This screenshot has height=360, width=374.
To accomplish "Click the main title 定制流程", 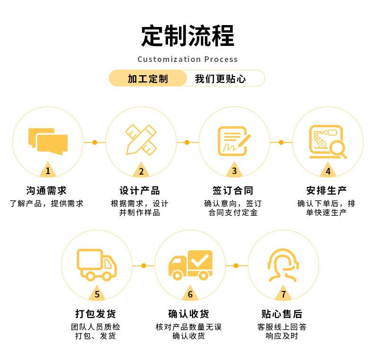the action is click(x=187, y=36).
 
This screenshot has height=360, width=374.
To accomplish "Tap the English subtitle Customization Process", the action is click(x=187, y=59).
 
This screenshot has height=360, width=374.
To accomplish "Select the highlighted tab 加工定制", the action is click(x=148, y=79).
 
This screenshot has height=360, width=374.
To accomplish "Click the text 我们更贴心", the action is click(x=220, y=79).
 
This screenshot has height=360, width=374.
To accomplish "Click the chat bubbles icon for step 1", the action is click(x=48, y=141).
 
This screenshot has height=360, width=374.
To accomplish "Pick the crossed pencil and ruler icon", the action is click(x=141, y=140).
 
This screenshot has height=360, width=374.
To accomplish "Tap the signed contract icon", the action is click(x=234, y=141).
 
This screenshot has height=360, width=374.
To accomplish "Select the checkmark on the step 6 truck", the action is click(x=200, y=260).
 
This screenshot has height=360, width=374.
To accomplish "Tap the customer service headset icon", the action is click(x=283, y=265).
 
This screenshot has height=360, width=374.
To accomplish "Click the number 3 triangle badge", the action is click(x=234, y=170).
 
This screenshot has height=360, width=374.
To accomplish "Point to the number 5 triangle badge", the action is click(x=97, y=293).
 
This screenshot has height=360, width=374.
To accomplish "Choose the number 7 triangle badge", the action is click(x=283, y=293).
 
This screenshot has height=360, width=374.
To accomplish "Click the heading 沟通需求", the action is click(x=46, y=191).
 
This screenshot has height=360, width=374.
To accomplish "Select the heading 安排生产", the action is click(x=326, y=191).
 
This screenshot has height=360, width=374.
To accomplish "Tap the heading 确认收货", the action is click(x=188, y=314).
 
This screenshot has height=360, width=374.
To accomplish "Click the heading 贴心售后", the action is click(x=282, y=314).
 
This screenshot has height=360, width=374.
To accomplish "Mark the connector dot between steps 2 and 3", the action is click(x=187, y=142).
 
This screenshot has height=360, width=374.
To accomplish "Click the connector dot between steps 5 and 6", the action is click(x=143, y=265).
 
